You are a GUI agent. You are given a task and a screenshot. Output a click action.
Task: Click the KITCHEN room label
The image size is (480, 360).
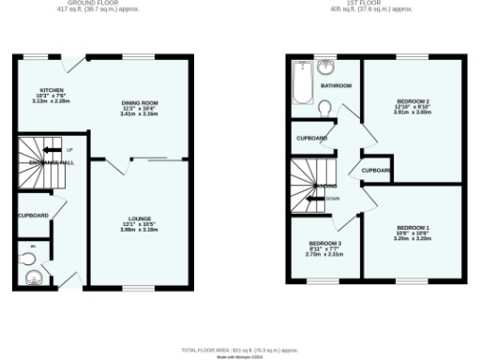(39, 90)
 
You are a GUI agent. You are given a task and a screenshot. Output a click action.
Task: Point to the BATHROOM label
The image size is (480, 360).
(336, 85)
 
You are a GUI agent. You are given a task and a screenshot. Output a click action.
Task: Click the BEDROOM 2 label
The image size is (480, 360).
(413, 101)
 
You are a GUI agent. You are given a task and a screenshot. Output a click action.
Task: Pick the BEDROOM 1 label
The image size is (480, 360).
(412, 228)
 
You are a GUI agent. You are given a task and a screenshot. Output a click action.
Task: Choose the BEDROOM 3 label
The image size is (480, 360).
(324, 244)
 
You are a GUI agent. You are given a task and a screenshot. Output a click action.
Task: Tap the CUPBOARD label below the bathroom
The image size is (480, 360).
(312, 139)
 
